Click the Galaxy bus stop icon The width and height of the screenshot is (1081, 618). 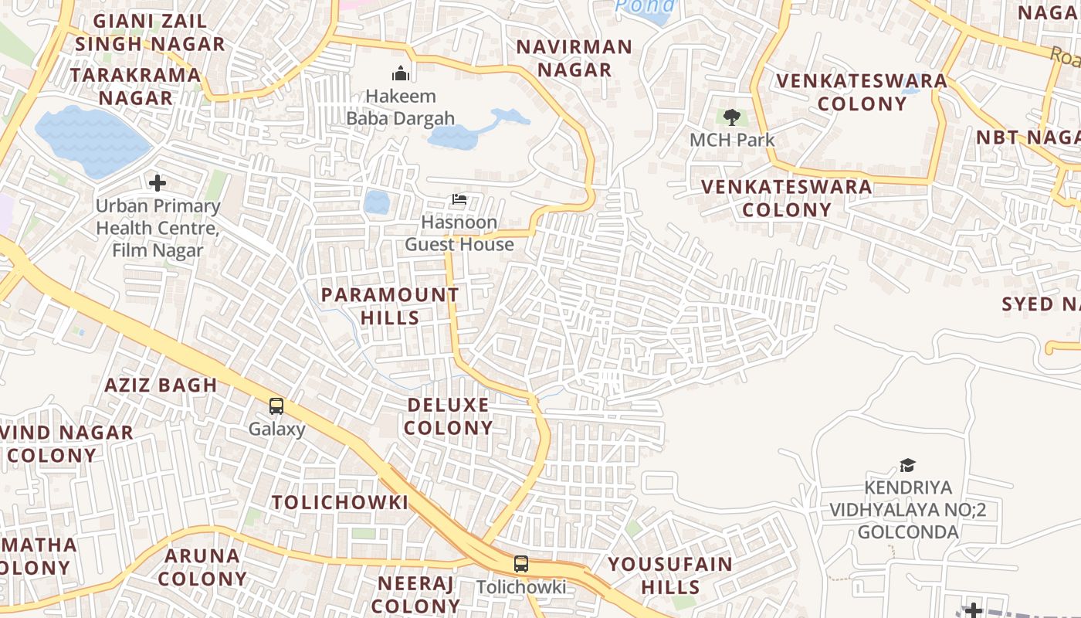[x=276, y=406]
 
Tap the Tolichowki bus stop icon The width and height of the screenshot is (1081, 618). [x=521, y=564]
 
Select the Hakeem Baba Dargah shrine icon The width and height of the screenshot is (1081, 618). [x=401, y=73]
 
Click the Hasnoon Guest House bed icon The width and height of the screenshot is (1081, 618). [x=459, y=199]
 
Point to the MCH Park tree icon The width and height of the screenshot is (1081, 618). [x=732, y=117]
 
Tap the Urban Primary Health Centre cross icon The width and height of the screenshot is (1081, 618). [x=158, y=183]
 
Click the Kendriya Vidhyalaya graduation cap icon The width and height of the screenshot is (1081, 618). [x=908, y=465]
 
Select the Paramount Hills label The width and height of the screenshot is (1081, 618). [x=390, y=306]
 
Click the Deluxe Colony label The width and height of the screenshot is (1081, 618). [x=448, y=416]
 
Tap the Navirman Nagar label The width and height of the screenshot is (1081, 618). [x=574, y=58]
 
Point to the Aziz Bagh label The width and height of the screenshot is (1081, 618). [x=161, y=385]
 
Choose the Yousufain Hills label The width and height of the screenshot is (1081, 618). [x=670, y=575]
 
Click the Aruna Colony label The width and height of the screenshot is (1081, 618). [x=202, y=567]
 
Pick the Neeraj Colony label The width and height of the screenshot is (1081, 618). [x=417, y=594]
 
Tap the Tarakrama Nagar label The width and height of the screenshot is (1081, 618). [x=136, y=87]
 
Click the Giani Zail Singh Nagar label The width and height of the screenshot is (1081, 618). [x=150, y=32]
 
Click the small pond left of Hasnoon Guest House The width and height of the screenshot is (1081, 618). [x=377, y=202]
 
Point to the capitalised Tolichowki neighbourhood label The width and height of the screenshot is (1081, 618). [x=340, y=502]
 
